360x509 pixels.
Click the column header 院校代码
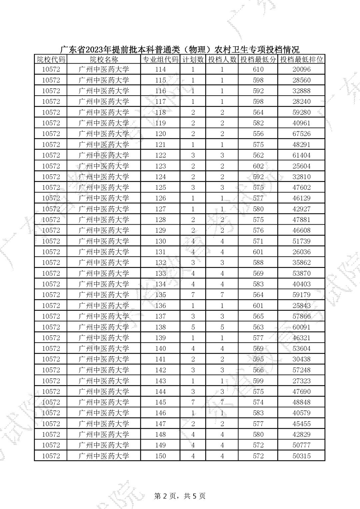point(51,59)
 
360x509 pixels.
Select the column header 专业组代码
point(160,59)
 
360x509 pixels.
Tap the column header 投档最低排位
point(301,59)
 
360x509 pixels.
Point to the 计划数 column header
point(193,59)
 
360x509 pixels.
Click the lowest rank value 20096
point(301,69)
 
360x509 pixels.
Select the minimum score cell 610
point(258,69)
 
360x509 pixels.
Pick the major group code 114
point(160,69)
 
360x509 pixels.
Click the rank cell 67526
point(301,134)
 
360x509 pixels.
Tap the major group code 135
point(160,295)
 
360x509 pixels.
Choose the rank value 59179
point(301,295)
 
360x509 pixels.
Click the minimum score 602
point(258,166)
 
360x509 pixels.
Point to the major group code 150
point(160,456)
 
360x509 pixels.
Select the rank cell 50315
point(301,456)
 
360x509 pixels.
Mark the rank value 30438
point(301,359)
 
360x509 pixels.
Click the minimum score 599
point(258,381)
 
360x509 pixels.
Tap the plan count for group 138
point(193,327)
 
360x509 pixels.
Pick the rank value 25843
point(301,305)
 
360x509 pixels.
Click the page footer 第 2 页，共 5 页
point(180,496)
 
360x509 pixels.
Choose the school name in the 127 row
point(104,209)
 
